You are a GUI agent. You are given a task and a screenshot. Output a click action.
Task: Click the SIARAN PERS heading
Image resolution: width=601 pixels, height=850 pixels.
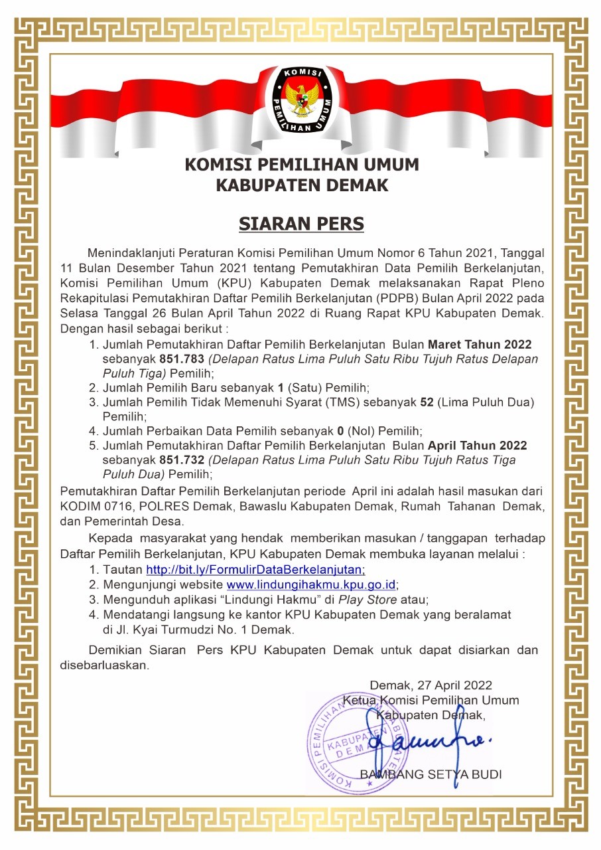pos(301,223)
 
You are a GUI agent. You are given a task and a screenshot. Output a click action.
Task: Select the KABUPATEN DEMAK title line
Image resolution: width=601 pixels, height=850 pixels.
pos(302,185)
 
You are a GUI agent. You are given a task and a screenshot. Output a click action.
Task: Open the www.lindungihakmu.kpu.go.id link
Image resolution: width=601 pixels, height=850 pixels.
pos(312,585)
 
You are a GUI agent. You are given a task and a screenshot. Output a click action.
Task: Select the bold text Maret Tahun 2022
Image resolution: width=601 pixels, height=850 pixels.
pos(480,344)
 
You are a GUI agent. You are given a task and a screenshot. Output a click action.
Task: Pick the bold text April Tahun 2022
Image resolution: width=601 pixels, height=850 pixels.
pos(477,445)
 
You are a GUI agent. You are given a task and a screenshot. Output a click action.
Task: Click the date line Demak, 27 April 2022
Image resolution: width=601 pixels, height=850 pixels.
pos(431,685)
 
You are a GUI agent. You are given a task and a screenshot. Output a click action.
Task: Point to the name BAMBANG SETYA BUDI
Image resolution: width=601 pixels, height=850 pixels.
pos(431,774)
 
